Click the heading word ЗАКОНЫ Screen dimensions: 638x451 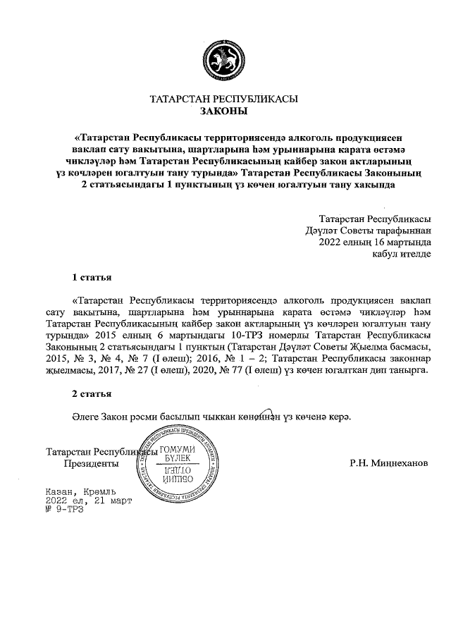tap(225, 111)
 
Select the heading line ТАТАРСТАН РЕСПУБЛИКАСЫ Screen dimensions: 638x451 tap(225, 99)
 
